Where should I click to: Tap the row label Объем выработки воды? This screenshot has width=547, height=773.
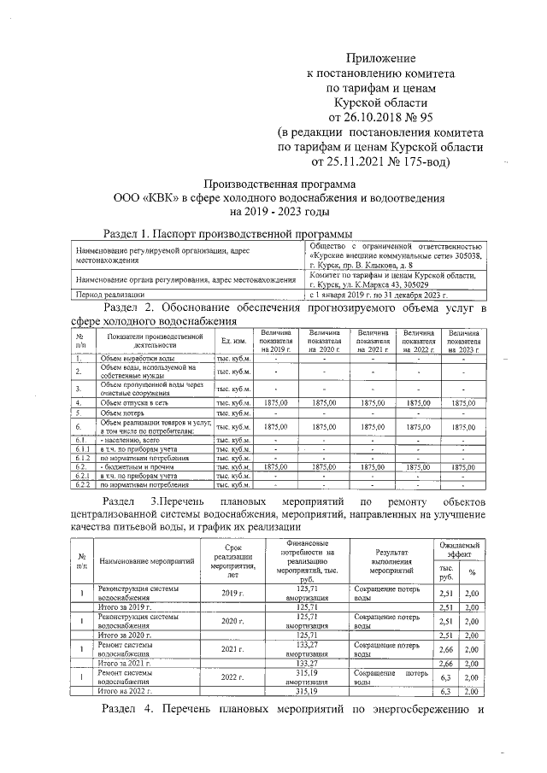coord(138,359)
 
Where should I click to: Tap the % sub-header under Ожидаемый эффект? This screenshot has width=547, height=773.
coord(471,571)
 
